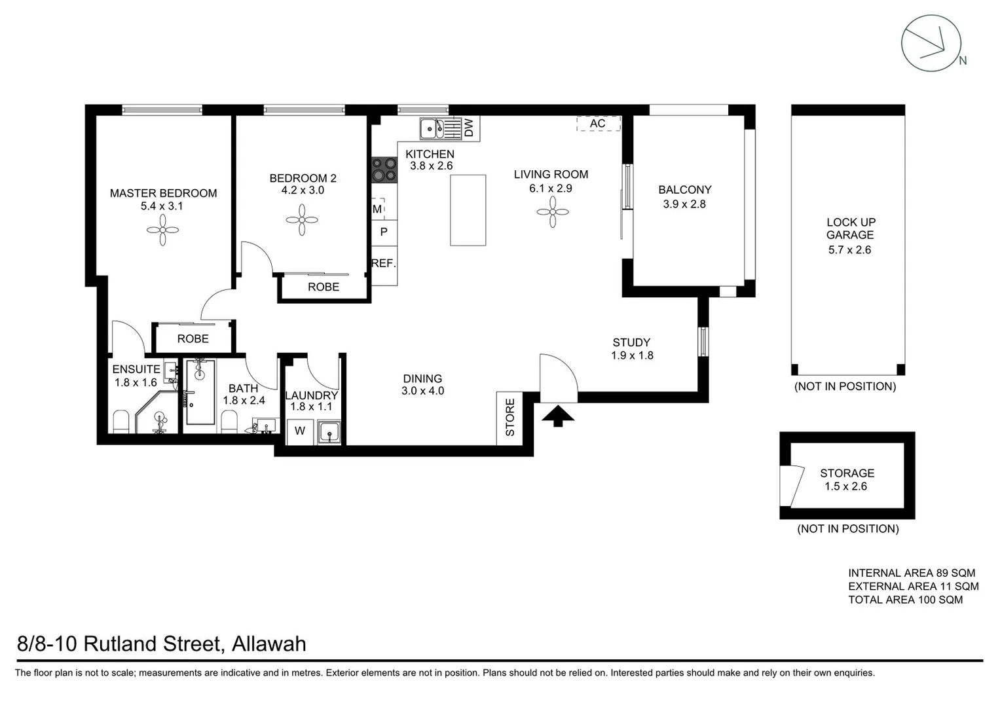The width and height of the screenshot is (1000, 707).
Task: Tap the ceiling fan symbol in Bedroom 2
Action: click(302, 220)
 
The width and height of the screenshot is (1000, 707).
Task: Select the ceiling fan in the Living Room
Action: click(552, 212)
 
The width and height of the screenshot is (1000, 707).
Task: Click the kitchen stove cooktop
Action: click(384, 170)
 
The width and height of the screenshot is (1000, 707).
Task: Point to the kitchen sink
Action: click(432, 129)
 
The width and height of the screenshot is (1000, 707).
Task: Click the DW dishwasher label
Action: click(469, 128)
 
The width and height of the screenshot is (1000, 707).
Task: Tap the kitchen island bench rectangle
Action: click(468, 210)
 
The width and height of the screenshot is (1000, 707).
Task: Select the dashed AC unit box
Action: click(598, 124)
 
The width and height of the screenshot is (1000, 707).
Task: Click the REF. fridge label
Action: click(384, 263)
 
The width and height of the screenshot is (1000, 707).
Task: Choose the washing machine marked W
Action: click(300, 431)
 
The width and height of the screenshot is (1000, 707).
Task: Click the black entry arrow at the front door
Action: click(558, 416)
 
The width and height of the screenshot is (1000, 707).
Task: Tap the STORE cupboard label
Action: click(509, 418)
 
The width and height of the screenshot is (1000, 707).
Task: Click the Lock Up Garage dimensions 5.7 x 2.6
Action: click(849, 249)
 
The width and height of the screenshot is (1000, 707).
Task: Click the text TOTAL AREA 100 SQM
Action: click(905, 600)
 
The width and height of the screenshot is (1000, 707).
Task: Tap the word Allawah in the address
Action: click(269, 644)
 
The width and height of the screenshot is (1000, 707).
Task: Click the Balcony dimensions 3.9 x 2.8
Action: click(684, 204)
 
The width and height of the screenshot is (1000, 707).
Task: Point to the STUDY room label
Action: click(631, 342)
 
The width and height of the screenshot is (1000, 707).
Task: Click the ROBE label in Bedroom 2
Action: click(324, 287)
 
